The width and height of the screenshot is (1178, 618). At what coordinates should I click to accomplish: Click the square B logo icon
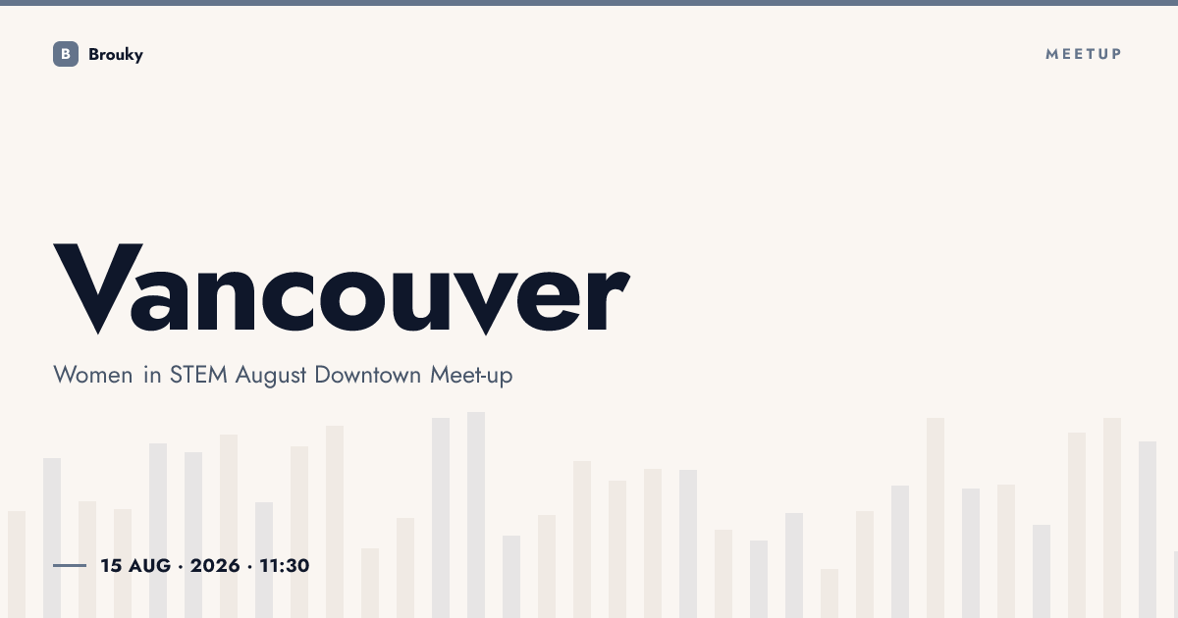tap(66, 54)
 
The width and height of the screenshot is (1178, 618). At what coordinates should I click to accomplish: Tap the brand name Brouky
tap(116, 55)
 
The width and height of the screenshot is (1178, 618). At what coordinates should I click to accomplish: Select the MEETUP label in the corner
tap(1084, 54)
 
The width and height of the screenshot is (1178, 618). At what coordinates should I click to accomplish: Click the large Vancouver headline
tap(342, 288)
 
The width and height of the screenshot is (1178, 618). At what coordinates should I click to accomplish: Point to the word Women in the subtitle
tap(93, 375)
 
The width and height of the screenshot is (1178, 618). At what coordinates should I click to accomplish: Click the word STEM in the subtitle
tap(198, 375)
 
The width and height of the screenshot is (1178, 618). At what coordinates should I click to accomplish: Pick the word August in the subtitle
tap(271, 376)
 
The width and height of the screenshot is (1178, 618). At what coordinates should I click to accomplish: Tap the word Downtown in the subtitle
tap(367, 375)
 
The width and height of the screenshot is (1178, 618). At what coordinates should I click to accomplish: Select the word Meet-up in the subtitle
tap(471, 376)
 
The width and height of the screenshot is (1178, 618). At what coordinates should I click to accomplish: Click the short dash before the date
tap(70, 565)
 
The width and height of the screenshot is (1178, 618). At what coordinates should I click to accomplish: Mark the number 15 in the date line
tap(111, 565)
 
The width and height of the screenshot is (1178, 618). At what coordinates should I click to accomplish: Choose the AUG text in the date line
tap(150, 565)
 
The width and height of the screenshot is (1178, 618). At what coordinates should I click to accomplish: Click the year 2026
tap(215, 565)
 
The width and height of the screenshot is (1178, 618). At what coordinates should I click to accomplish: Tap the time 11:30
tap(285, 565)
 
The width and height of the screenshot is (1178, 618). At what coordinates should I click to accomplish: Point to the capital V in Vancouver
tap(98, 288)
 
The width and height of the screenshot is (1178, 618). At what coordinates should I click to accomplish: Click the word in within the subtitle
tap(152, 375)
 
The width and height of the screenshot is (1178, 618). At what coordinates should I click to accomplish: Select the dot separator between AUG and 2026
tap(181, 567)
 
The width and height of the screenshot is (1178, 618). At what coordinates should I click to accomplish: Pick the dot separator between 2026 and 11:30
tap(249, 567)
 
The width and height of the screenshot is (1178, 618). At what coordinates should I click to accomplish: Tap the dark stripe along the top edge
tap(589, 3)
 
